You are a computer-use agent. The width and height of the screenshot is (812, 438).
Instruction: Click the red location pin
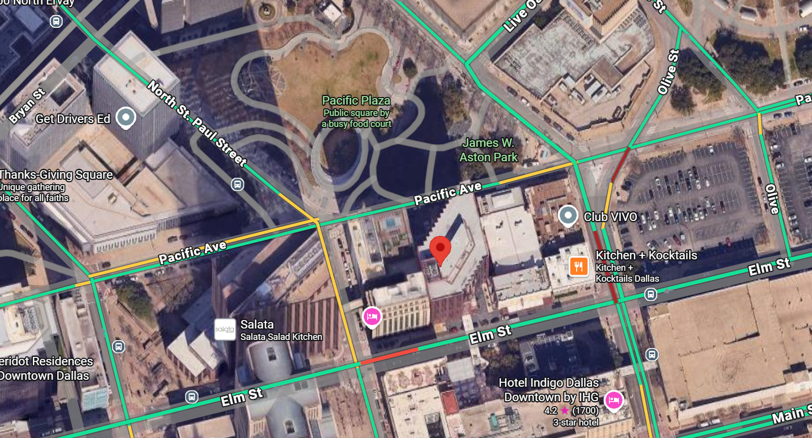point(440,249)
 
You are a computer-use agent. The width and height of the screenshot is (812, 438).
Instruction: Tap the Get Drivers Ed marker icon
point(126,117)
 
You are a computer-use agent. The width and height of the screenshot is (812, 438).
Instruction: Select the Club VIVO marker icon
point(568,216)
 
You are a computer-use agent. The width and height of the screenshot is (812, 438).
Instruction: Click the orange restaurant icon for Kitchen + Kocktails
point(578,266)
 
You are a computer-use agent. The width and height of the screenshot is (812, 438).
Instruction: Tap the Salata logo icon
point(225,329)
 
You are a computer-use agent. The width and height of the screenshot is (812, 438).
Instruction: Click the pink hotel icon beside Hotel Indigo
point(613,400)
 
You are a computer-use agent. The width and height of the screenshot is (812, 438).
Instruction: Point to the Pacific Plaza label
point(356,101)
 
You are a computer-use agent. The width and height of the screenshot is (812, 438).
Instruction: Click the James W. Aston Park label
point(488,150)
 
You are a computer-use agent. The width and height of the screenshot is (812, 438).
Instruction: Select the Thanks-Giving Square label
point(56,175)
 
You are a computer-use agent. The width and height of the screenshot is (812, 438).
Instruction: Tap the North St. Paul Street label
point(197,123)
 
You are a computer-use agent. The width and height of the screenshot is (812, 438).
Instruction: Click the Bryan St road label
point(27,106)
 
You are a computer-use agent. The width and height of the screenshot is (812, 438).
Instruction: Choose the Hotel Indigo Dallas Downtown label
point(550,390)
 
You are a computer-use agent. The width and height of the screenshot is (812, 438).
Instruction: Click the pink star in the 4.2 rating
point(565,411)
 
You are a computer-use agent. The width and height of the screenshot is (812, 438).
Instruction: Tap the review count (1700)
point(586,411)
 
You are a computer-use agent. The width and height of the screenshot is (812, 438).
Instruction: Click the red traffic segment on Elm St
point(389,356)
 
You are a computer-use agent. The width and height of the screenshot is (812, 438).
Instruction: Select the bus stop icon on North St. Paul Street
point(238,185)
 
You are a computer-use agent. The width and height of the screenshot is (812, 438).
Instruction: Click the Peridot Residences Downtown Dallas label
point(46,368)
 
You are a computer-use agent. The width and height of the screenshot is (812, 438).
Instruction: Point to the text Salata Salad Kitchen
point(281,337)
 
